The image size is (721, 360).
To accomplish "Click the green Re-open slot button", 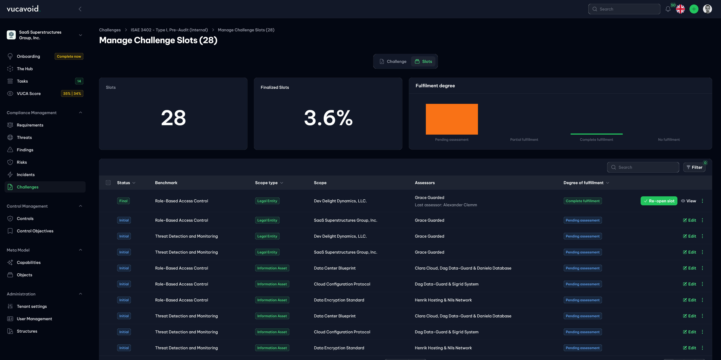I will [x=659, y=201].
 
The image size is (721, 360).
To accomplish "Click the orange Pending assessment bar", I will [x=451, y=119].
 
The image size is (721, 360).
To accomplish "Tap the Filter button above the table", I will [x=694, y=167].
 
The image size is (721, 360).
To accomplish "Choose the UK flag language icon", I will [x=680, y=9].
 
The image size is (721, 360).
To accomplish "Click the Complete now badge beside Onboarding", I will [x=69, y=56].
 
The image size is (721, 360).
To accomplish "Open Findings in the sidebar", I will [x=25, y=150].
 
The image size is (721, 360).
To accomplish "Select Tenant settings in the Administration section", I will [x=32, y=306].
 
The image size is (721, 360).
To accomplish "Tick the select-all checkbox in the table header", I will [x=108, y=183].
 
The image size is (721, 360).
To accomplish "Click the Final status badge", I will [x=123, y=201].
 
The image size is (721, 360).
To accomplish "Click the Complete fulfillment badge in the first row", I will [x=582, y=201].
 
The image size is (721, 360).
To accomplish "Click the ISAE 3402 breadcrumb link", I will [x=169, y=30].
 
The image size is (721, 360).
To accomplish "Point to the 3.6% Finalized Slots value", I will [x=328, y=118].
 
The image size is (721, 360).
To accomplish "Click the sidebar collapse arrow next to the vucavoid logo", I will [x=80, y=9].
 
